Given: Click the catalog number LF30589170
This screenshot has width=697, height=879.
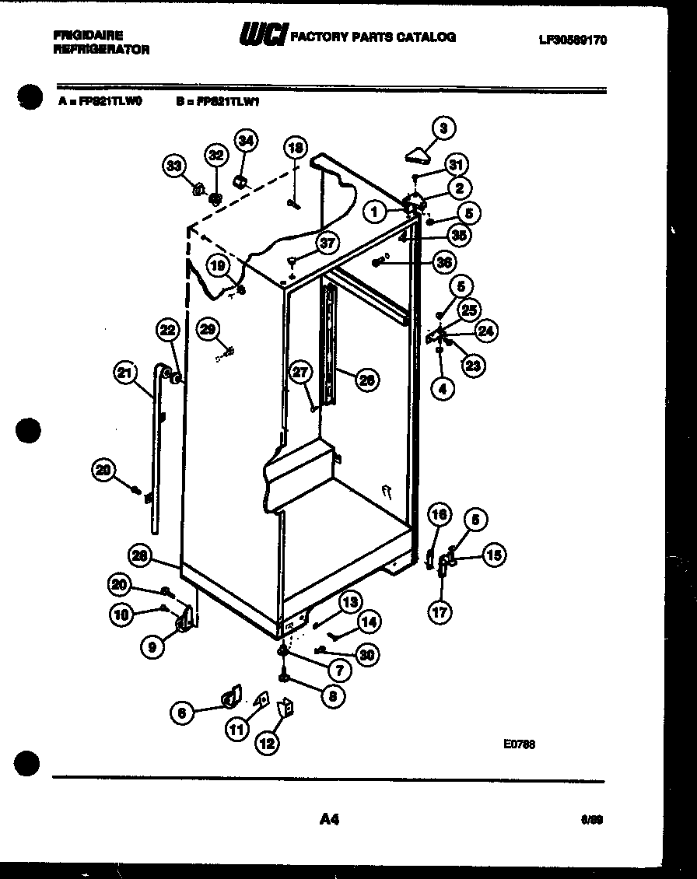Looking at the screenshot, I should [x=572, y=40].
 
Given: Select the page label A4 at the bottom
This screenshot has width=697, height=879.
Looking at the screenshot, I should [x=329, y=818].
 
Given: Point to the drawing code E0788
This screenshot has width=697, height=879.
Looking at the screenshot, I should [x=519, y=744].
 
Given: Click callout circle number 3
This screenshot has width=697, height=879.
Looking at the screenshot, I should [x=443, y=128].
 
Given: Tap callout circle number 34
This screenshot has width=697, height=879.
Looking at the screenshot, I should [x=246, y=141].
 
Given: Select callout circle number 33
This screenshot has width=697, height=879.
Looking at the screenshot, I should [x=174, y=165].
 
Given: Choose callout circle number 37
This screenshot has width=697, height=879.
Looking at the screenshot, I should [x=327, y=243].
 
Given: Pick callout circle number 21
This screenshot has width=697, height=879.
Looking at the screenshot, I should [x=124, y=373].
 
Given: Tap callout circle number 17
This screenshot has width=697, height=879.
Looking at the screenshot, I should [x=440, y=611].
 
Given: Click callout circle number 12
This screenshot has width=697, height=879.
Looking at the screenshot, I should [x=267, y=744].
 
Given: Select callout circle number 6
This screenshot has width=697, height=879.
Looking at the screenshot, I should [x=182, y=712].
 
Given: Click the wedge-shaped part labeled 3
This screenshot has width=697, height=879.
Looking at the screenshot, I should [x=420, y=156].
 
